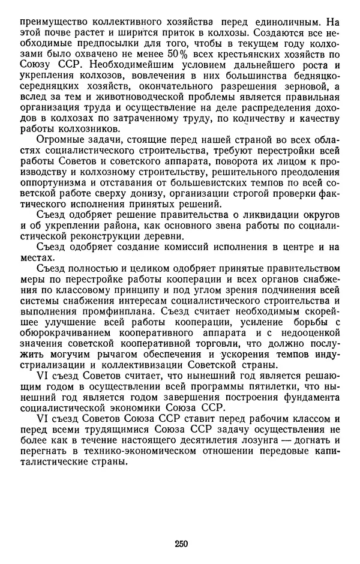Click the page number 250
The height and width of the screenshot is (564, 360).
point(181,545)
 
